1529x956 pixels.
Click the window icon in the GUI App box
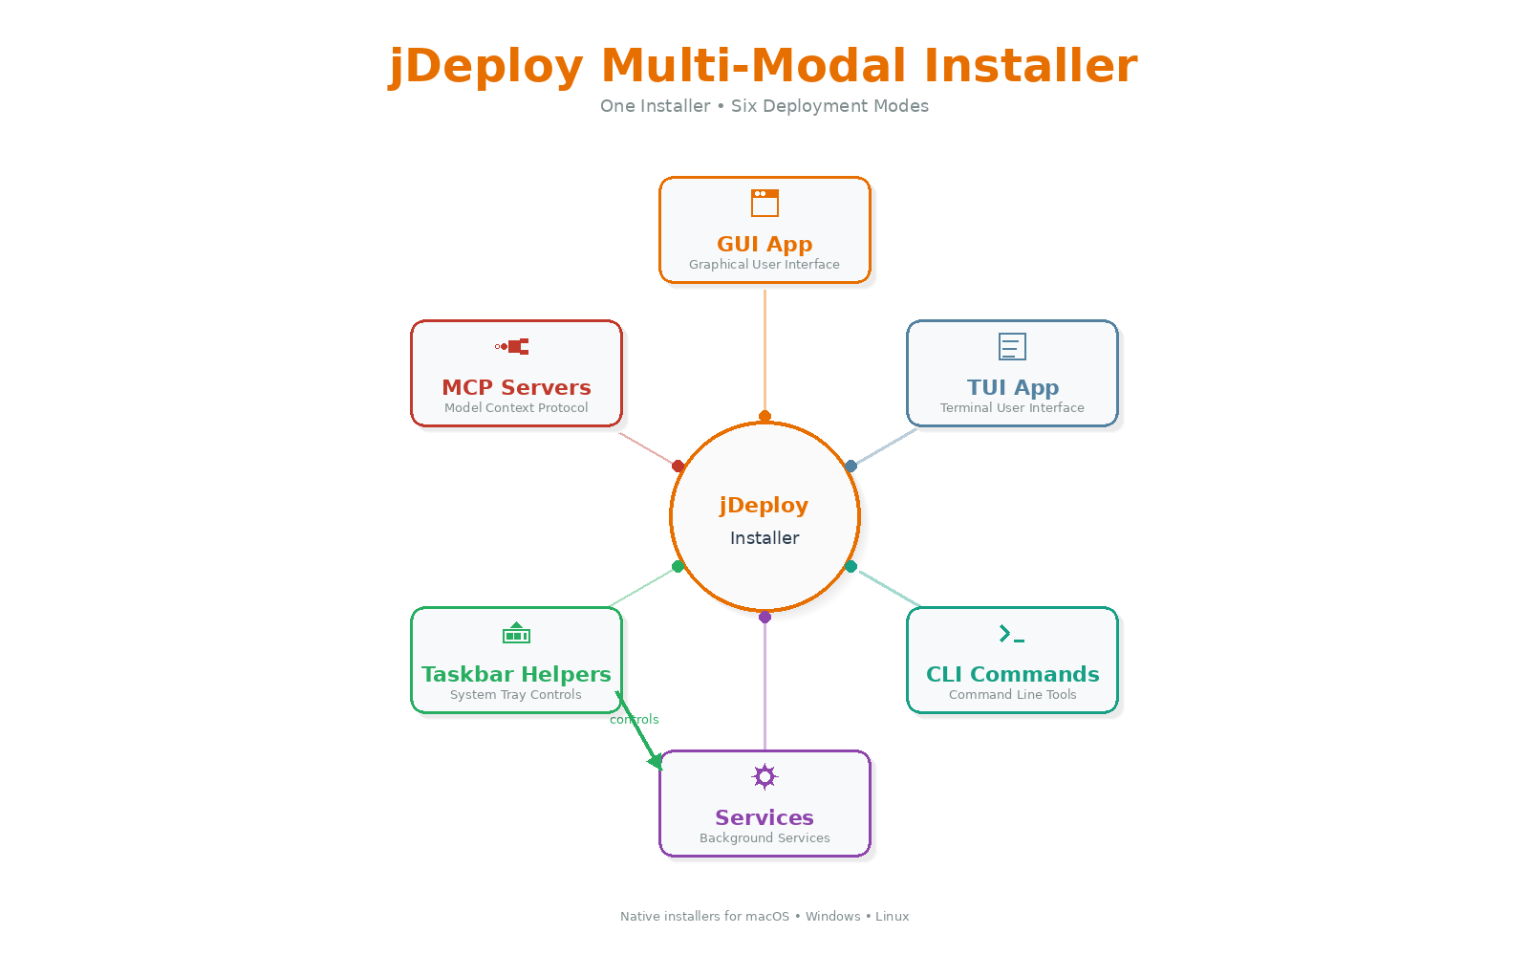tap(764, 203)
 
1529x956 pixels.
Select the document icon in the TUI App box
tap(1012, 346)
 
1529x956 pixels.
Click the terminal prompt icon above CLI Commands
tap(1011, 634)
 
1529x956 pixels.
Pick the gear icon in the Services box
tap(764, 776)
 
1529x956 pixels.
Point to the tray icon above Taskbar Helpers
tap(516, 633)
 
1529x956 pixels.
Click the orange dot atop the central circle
tap(764, 416)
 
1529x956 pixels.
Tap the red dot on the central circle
tap(678, 466)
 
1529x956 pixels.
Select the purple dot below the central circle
tap(764, 618)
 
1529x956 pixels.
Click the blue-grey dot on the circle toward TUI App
tap(851, 466)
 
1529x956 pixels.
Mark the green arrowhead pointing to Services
tap(656, 761)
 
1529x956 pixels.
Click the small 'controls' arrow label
tap(635, 720)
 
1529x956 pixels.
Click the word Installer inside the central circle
tap(764, 538)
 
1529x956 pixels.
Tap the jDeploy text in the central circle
tap(764, 506)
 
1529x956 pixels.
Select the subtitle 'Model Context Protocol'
tap(516, 408)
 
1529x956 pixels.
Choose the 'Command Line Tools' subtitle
tap(1012, 695)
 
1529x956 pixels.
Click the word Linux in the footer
tap(892, 916)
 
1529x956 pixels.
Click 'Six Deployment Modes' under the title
tap(829, 106)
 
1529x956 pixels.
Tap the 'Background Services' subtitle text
tap(764, 838)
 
